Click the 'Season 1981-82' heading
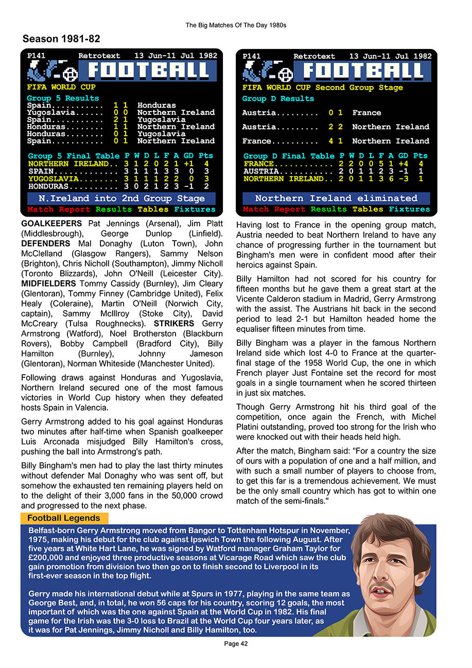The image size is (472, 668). (x=61, y=39)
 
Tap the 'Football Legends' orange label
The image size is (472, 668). (x=64, y=518)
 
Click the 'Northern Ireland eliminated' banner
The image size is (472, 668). (x=336, y=198)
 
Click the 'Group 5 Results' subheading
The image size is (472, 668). (x=63, y=98)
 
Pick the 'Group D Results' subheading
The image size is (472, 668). (x=278, y=98)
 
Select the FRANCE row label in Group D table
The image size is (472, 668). (x=258, y=164)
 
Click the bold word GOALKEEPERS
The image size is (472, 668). (x=51, y=224)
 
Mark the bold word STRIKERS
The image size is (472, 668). (x=174, y=324)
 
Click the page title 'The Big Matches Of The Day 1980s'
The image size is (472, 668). (x=236, y=25)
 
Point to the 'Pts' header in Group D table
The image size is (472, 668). (x=421, y=156)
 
